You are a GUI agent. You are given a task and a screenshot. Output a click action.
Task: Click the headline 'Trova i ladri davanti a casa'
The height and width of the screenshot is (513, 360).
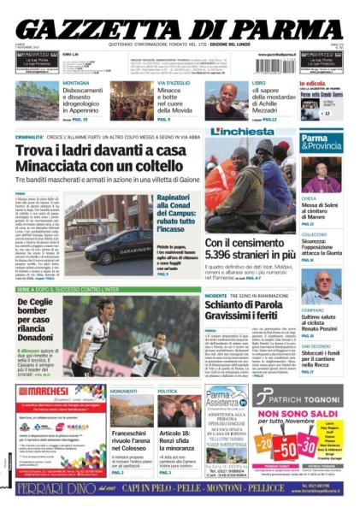pos(110,150)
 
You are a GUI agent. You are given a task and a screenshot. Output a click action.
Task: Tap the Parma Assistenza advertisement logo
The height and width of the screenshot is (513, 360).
pos(227,400)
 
